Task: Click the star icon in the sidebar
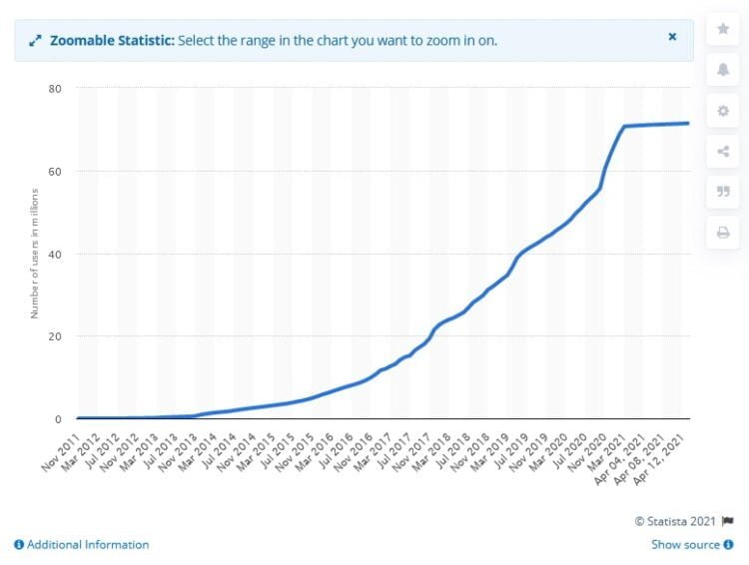click(x=723, y=30)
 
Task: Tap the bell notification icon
click(x=723, y=70)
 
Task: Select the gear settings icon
click(x=723, y=111)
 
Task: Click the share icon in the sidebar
click(x=723, y=152)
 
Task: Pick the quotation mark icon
click(x=723, y=193)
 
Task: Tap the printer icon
click(x=723, y=233)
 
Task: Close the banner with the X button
click(x=672, y=37)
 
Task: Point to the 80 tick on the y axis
click(x=55, y=89)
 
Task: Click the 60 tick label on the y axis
click(x=55, y=172)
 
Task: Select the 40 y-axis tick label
click(x=55, y=254)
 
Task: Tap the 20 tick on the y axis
click(x=55, y=336)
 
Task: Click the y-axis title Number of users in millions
click(x=34, y=253)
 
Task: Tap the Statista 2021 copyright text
click(x=677, y=521)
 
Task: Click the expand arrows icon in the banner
click(x=35, y=41)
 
